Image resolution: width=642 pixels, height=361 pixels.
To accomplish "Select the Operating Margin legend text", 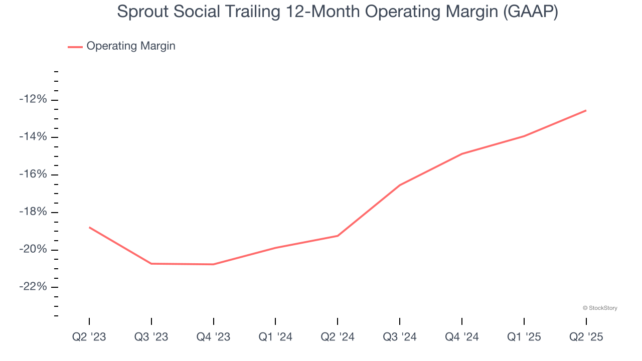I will click(x=131, y=46).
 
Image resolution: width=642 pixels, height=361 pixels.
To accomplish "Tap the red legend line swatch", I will click(x=75, y=47).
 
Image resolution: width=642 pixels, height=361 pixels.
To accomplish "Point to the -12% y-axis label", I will click(x=33, y=99).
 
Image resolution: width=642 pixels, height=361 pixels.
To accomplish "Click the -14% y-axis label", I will click(x=33, y=137).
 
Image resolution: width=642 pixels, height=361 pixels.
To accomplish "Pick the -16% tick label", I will click(x=33, y=174).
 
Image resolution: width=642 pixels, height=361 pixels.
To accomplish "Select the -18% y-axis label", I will click(x=33, y=212).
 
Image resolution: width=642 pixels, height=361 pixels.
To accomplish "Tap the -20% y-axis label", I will click(x=33, y=250).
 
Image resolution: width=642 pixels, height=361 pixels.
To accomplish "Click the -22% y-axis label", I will click(x=33, y=287).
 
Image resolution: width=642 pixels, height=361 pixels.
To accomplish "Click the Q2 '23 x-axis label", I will click(x=89, y=337).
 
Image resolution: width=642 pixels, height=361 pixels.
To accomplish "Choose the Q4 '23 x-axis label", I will click(x=214, y=337).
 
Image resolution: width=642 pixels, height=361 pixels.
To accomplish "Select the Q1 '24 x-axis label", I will click(x=275, y=337).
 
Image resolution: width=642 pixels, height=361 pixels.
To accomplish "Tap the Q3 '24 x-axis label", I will click(x=400, y=337).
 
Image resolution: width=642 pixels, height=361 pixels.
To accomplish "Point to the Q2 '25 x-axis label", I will click(x=586, y=337).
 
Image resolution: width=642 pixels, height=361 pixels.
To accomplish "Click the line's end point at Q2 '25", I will click(x=586, y=110).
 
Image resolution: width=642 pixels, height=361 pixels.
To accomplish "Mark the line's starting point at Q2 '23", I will click(x=89, y=227).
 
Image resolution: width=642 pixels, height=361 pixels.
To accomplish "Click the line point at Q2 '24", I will click(x=338, y=236).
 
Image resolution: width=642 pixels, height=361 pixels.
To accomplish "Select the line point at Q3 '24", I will click(x=400, y=185).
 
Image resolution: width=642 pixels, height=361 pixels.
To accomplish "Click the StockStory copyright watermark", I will click(x=600, y=308).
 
